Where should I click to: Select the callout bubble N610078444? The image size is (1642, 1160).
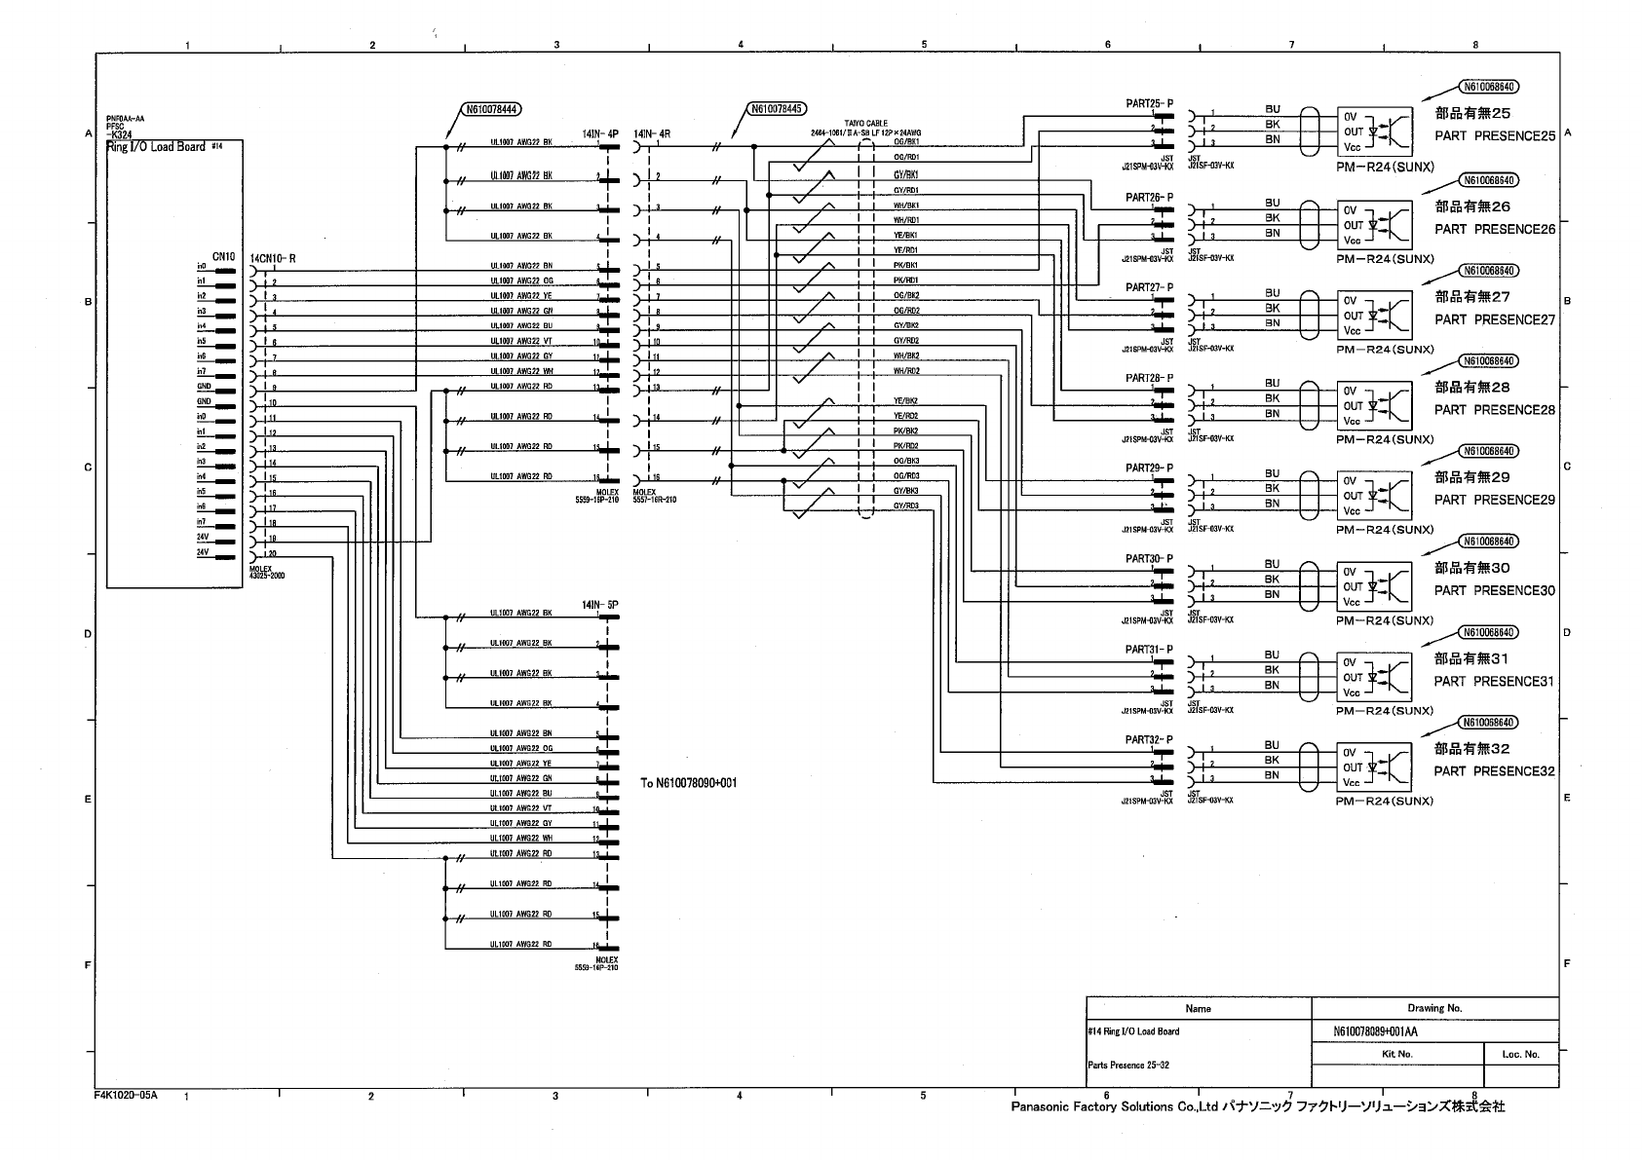point(490,109)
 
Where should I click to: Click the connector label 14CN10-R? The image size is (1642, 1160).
point(273,258)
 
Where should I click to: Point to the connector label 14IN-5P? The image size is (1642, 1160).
point(599,605)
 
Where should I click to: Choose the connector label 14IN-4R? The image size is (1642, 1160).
point(651,133)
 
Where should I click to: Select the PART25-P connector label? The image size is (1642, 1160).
point(1150,103)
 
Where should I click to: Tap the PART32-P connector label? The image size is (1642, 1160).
point(1150,740)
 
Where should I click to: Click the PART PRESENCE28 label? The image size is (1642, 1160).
point(1495,410)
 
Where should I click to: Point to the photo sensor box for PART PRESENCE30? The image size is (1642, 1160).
point(1374,586)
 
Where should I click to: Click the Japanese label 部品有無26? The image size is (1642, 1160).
point(1472,206)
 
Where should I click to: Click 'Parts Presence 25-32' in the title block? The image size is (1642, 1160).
point(1128,1066)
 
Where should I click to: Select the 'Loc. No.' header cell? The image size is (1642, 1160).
point(1520,1054)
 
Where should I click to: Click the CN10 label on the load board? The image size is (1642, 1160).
point(223,257)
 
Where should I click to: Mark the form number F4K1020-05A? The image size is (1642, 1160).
point(126,1095)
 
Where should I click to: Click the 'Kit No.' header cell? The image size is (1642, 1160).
point(1397,1054)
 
